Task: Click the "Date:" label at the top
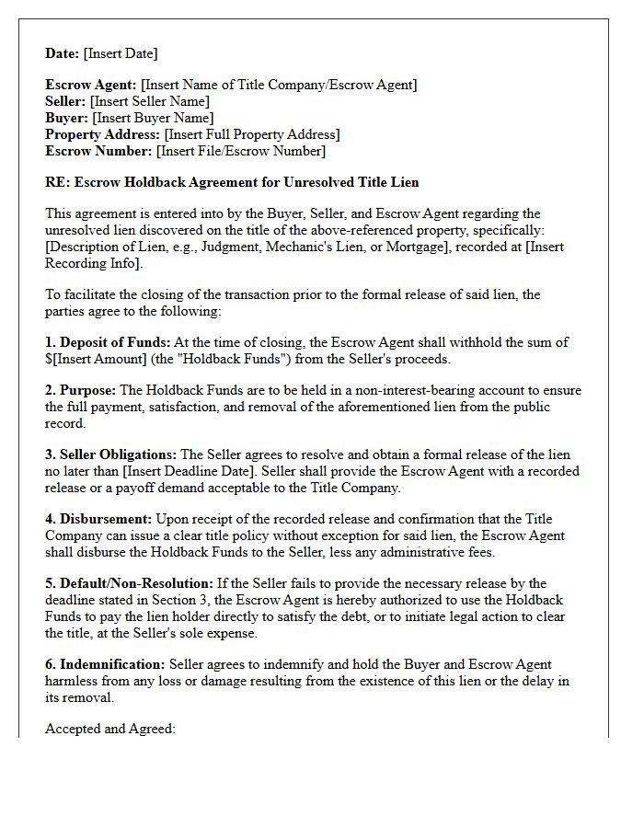[63, 53]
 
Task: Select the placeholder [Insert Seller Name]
[149, 101]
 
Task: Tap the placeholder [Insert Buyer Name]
[153, 118]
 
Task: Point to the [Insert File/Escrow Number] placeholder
[241, 151]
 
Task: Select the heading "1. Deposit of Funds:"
[108, 342]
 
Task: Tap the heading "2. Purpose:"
[81, 390]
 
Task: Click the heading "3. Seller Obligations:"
[111, 454]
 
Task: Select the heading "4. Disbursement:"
[98, 519]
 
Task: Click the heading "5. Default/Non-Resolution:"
[129, 583]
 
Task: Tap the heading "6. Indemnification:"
[105, 664]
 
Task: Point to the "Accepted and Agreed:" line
[110, 729]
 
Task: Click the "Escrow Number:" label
[98, 151]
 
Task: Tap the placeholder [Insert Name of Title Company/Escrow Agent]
[279, 85]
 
